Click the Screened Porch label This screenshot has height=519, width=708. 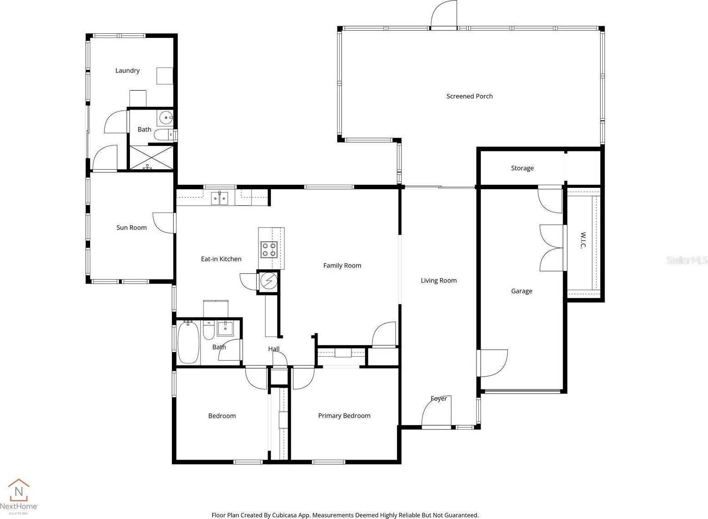[x=469, y=96]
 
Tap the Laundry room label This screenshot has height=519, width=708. [x=127, y=71]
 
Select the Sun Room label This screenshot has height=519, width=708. [x=131, y=228]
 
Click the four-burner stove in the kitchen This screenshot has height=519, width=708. [x=269, y=249]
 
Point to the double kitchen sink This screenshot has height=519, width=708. [x=219, y=199]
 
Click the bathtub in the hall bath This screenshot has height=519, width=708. [x=188, y=342]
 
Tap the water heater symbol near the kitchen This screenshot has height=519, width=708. [x=268, y=281]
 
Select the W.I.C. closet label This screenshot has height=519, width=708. [x=583, y=240]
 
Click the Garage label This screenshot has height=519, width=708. [x=522, y=291]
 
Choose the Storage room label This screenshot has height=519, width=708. [x=522, y=168]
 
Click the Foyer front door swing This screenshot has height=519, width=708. [x=435, y=413]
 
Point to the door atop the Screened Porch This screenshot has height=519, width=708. [x=444, y=15]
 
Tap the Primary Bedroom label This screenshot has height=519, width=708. [x=344, y=416]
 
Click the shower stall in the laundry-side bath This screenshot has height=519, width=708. [x=151, y=157]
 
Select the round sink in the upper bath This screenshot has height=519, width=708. [x=165, y=118]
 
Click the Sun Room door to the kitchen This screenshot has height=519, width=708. [x=163, y=223]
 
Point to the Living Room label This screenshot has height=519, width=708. [x=439, y=281]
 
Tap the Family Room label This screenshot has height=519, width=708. [x=342, y=266]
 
